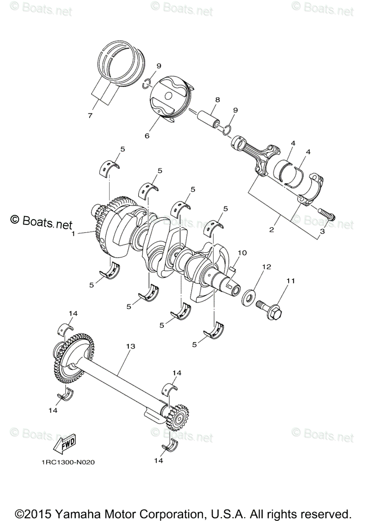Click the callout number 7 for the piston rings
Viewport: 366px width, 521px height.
tap(90, 115)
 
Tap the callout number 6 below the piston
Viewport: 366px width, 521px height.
tap(147, 136)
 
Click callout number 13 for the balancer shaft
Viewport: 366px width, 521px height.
tap(130, 346)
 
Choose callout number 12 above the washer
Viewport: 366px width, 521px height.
tap(266, 267)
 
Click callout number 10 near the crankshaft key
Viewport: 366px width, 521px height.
tap(242, 252)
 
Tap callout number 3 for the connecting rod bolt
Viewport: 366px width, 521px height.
tap(322, 232)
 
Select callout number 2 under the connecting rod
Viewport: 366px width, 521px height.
tap(271, 230)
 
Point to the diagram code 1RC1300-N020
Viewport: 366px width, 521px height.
tap(65, 462)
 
